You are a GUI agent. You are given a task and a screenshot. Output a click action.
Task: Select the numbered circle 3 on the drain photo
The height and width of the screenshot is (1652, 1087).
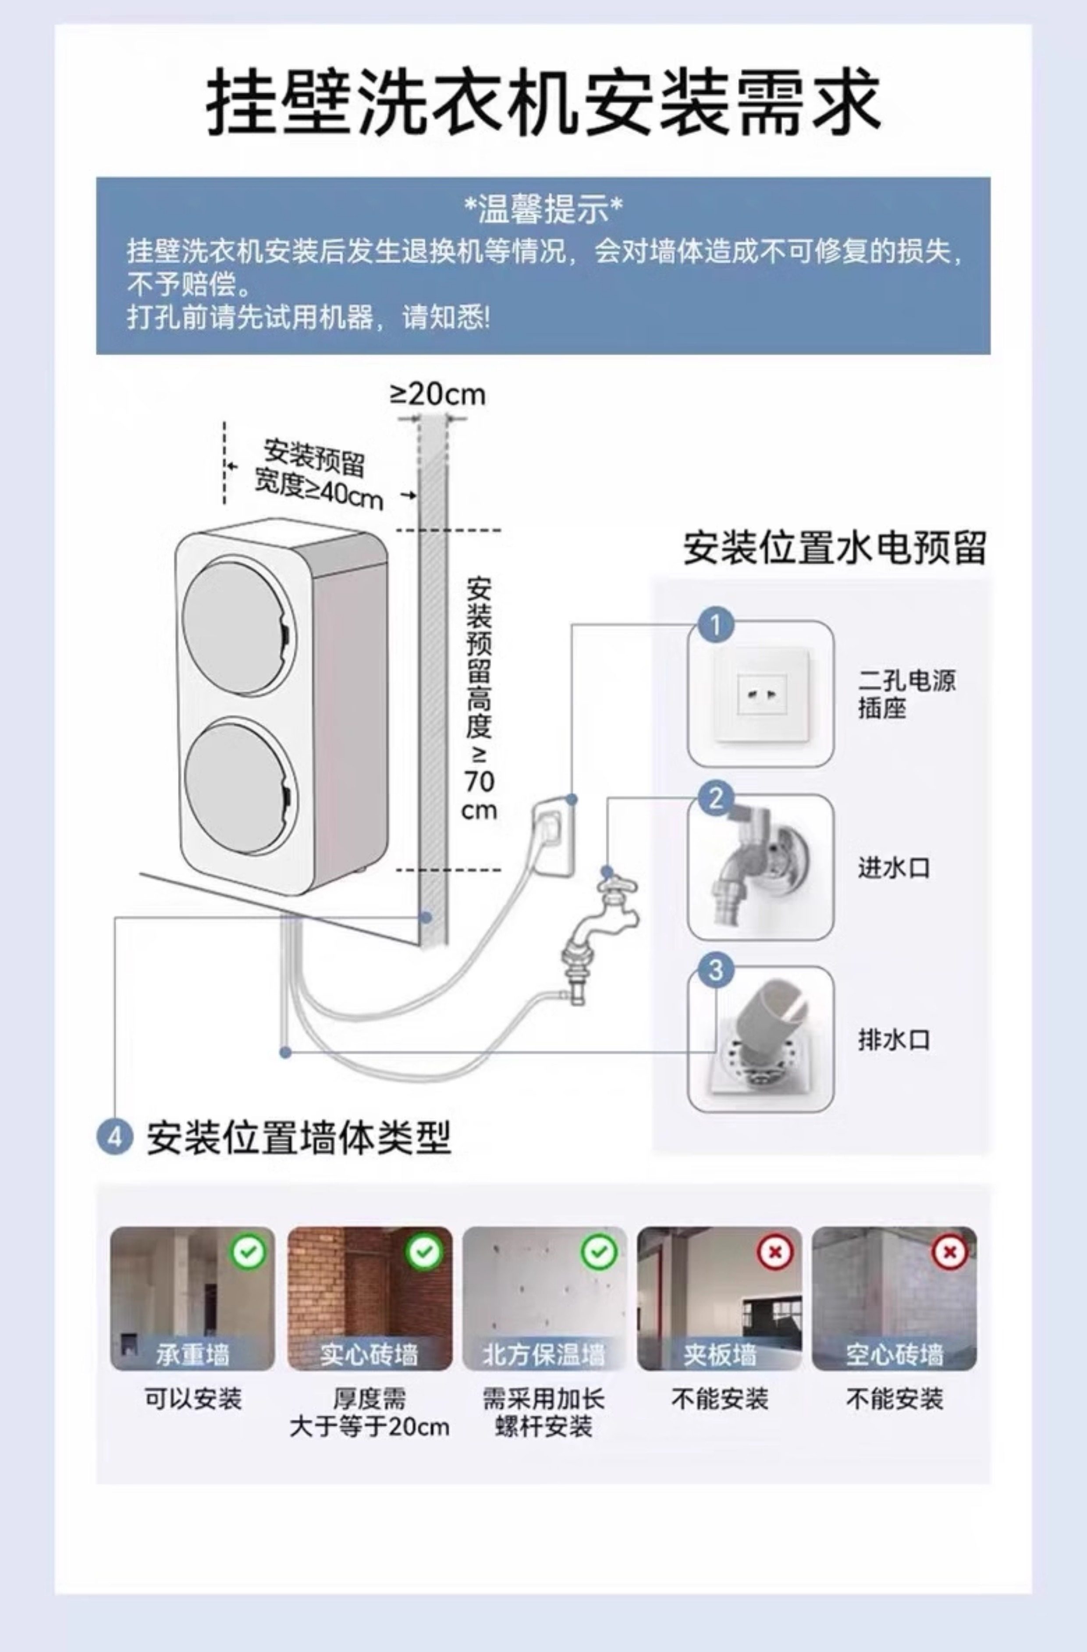tap(715, 970)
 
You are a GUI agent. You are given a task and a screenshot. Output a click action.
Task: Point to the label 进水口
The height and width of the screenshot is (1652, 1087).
tap(893, 868)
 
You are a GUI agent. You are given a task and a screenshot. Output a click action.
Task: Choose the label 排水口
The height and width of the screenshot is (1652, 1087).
tap(893, 1040)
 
